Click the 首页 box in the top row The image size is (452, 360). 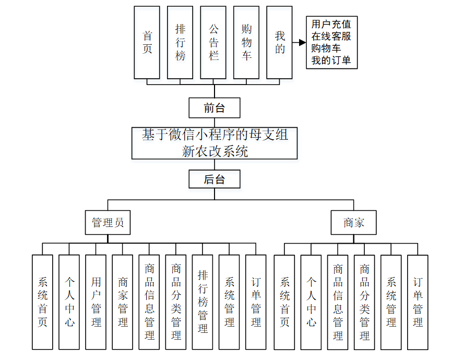[x=147, y=43]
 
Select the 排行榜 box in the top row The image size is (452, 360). [x=180, y=43]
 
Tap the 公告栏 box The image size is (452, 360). [x=213, y=43]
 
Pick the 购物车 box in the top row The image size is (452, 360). [x=246, y=43]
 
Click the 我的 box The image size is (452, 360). [x=280, y=43]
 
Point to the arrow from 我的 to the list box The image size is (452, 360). [x=299, y=43]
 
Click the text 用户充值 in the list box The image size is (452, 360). [x=331, y=24]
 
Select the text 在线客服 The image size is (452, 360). [x=331, y=37]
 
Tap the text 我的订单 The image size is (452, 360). [x=331, y=61]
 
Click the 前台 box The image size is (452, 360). [x=215, y=108]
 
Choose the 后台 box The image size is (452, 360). [x=215, y=179]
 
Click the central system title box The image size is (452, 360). [x=215, y=143]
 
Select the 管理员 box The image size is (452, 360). [x=108, y=223]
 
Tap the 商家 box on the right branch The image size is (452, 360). [x=353, y=223]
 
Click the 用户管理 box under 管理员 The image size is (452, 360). [x=96, y=302]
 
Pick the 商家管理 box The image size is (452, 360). [x=123, y=302]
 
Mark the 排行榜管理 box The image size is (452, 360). [x=203, y=302]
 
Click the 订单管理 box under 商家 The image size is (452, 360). [x=418, y=302]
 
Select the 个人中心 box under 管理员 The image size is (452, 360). [x=69, y=302]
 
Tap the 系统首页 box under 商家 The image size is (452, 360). [x=284, y=302]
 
